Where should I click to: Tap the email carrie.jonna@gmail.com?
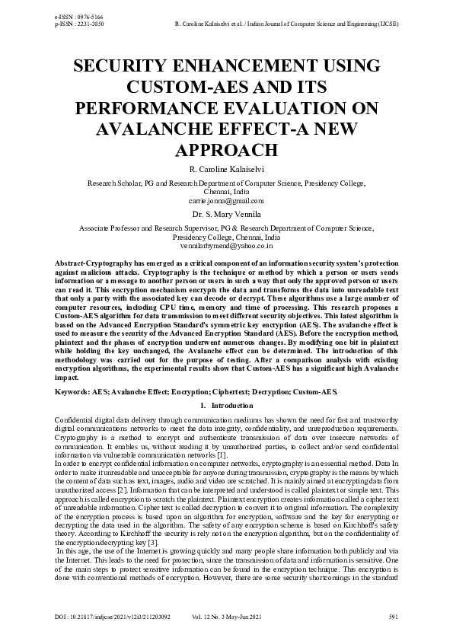coord(226,201)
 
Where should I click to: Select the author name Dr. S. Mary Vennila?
coord(226,216)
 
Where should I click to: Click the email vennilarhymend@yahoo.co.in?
coord(226,247)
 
